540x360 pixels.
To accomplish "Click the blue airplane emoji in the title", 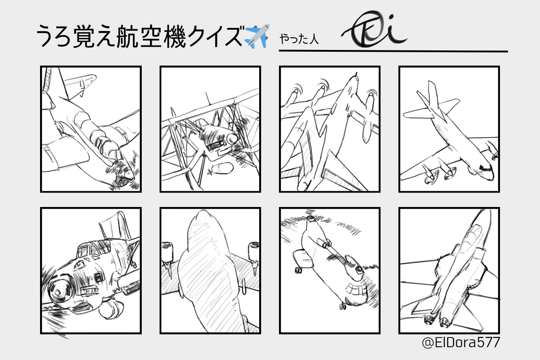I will click(x=257, y=36).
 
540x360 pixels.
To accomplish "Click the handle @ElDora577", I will click(x=461, y=342).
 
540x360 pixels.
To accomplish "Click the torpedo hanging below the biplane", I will click(x=221, y=169).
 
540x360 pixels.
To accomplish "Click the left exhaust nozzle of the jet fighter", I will click(x=428, y=320).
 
